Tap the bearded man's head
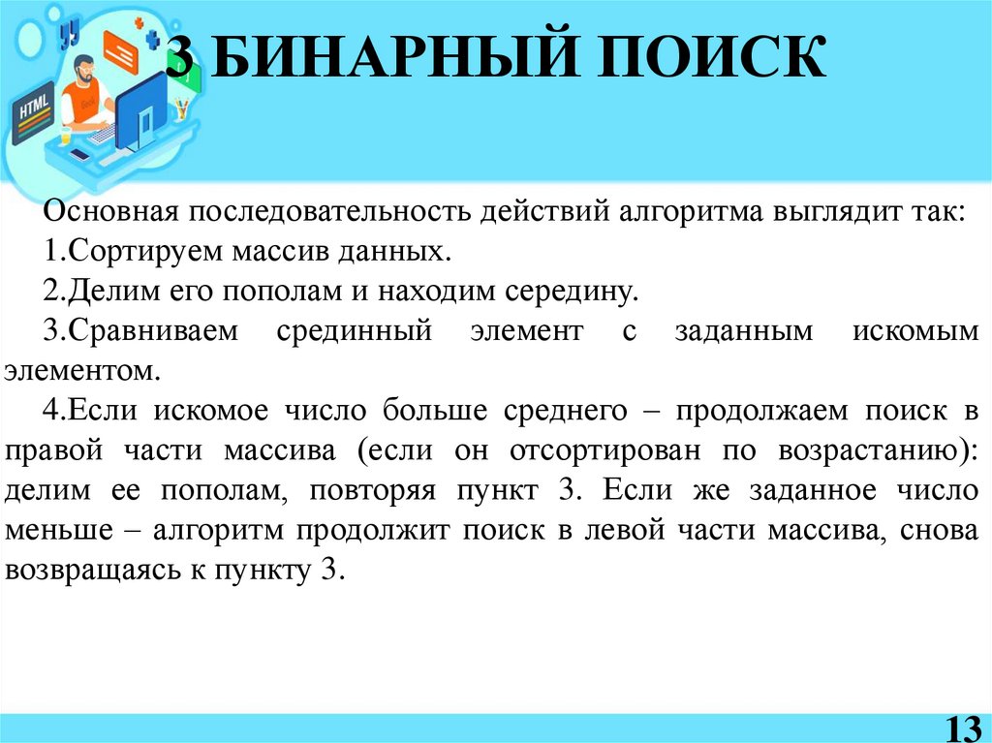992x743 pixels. (x=84, y=68)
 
